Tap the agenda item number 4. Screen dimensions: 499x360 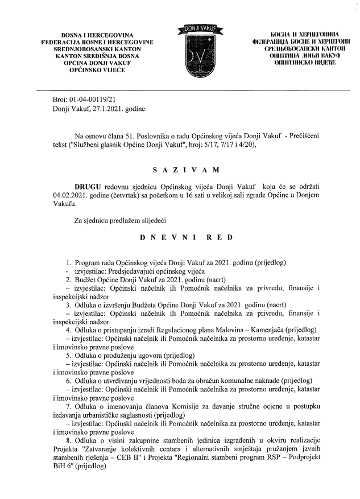coord(68,331)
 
